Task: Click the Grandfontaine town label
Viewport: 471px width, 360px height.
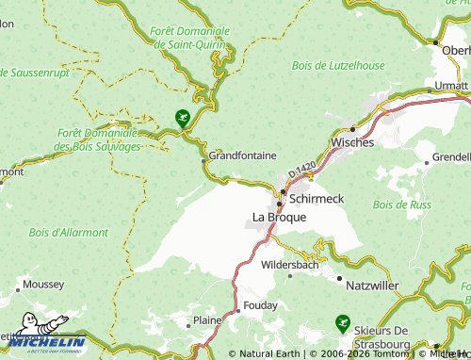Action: (242, 155)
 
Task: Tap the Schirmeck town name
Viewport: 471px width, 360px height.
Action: (317, 200)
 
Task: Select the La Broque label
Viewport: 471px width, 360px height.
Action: (279, 218)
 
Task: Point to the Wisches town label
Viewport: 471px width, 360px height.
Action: (351, 142)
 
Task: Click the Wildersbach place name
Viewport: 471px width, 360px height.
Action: (291, 265)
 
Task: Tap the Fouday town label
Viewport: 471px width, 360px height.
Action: (259, 305)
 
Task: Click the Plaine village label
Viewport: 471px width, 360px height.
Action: (206, 320)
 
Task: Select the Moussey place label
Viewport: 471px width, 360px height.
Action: (44, 283)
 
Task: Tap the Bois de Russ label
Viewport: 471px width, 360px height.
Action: (401, 205)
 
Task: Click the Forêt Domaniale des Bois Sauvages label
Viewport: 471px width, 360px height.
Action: (98, 139)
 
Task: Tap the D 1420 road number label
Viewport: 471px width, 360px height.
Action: (302, 171)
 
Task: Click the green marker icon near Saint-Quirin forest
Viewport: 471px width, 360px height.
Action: (182, 118)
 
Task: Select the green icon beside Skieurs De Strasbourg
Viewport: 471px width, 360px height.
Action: (345, 323)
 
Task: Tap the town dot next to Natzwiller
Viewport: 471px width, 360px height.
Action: (339, 278)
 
